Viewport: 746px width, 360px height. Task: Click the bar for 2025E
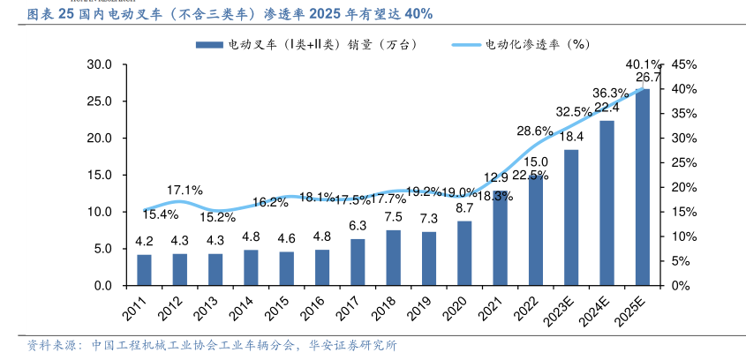643,187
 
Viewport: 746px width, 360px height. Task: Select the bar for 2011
144,270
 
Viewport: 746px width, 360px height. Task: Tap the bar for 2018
394,258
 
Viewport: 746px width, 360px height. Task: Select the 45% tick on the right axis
685,64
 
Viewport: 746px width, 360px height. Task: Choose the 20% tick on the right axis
685,187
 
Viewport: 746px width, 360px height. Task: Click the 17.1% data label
185,190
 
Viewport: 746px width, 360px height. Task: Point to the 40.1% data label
643,64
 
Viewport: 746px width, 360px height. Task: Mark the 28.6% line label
535,131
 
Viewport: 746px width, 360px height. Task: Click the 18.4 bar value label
571,137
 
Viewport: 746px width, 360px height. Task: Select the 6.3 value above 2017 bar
358,226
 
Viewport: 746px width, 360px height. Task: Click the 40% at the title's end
415,16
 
